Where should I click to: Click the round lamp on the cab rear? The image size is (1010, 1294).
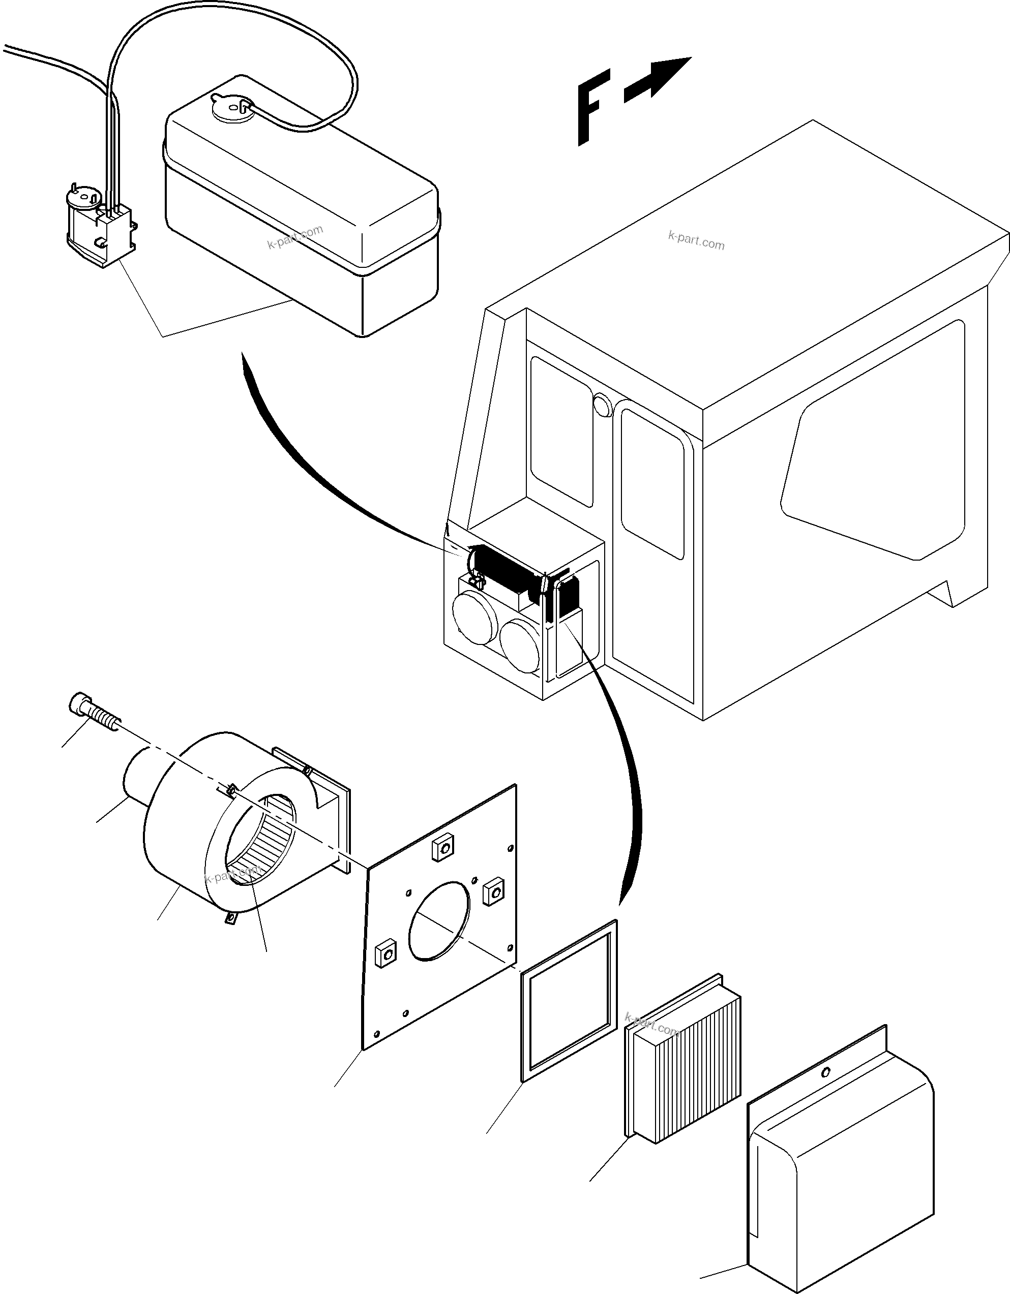tap(603, 405)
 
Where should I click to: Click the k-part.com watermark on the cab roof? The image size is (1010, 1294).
tap(696, 240)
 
